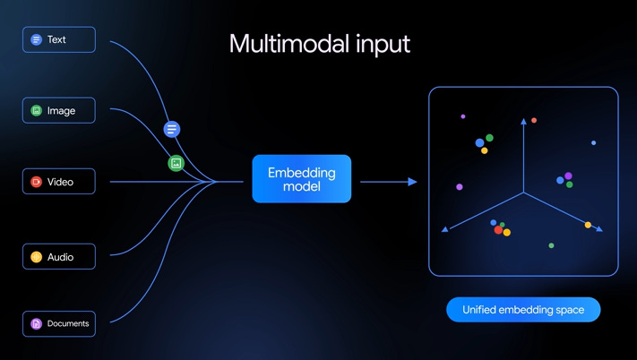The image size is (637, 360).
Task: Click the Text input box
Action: (59, 39)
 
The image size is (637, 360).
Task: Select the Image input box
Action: (59, 110)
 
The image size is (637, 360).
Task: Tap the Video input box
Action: (59, 182)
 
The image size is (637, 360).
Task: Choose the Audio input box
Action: (59, 256)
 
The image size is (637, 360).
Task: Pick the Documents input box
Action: (59, 323)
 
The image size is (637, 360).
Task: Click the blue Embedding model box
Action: (301, 178)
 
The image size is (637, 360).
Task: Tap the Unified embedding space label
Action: (523, 310)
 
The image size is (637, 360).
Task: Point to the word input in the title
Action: (383, 45)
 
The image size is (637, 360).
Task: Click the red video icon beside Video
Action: (36, 182)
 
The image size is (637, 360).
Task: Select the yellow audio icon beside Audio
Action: (36, 256)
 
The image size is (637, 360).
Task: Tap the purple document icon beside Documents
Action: (36, 323)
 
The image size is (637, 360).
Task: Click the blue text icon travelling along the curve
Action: (172, 130)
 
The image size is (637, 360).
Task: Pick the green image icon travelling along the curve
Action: (176, 163)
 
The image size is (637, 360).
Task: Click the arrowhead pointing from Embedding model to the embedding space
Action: (412, 182)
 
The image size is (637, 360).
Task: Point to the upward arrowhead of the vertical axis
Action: (523, 121)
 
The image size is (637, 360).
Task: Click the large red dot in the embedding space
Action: (498, 230)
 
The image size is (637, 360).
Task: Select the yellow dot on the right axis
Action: (588, 225)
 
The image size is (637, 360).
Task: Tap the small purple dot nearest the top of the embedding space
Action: (462, 116)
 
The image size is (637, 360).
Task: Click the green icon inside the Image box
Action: (36, 110)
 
